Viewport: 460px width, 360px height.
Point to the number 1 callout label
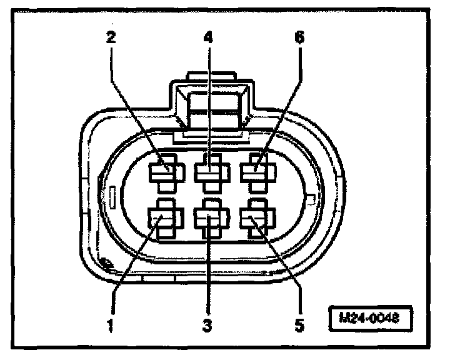[111, 325]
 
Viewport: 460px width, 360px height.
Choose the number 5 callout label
[299, 325]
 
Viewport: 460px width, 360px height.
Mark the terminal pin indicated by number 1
[164, 219]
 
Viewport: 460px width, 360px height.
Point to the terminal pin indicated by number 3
[209, 220]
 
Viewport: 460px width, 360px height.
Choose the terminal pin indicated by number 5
[254, 219]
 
